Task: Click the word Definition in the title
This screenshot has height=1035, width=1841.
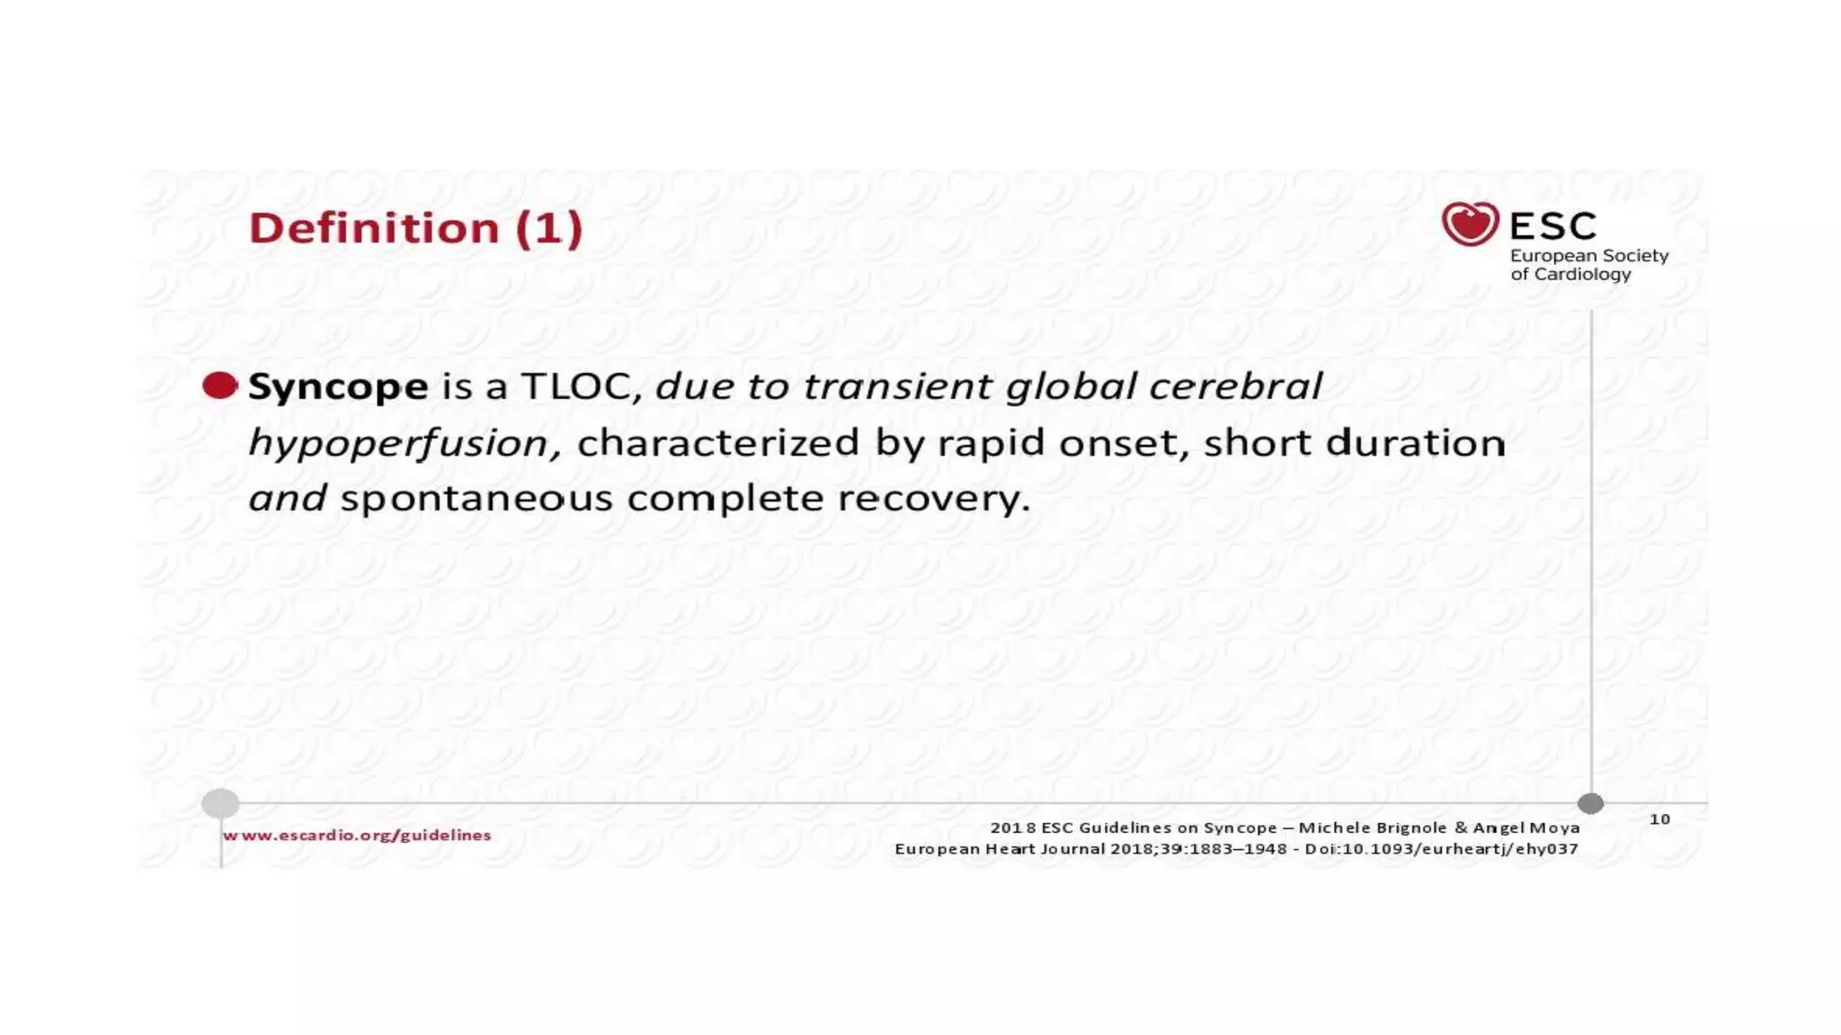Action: [373, 228]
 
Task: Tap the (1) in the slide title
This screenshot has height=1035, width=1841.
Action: [549, 228]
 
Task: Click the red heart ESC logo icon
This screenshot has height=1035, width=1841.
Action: [1470, 224]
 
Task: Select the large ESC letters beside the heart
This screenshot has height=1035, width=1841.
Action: [1553, 226]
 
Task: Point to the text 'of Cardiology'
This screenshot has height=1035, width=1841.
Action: [1570, 275]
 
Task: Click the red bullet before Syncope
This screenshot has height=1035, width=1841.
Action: [219, 385]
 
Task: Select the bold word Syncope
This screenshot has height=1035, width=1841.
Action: [338, 387]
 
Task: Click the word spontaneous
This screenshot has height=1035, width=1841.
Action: [476, 499]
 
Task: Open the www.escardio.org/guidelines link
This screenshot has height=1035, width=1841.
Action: [357, 836]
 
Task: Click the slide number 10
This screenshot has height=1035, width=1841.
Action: [1659, 819]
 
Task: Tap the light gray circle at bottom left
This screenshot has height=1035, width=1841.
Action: [220, 802]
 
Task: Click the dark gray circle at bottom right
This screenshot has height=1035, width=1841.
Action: [1590, 802]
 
